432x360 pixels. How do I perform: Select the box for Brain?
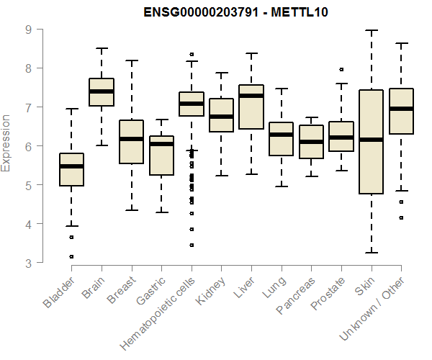[102, 91]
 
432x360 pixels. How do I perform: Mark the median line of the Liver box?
[251, 96]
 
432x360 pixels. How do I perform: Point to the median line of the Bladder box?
[72, 166]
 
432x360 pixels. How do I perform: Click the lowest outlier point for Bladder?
[72, 256]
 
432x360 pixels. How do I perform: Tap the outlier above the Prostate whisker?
[341, 70]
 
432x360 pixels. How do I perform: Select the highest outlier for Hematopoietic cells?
[192, 54]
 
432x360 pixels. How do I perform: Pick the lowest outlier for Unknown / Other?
[401, 217]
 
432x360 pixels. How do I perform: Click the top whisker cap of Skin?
[372, 31]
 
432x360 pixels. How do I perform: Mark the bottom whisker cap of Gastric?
[161, 212]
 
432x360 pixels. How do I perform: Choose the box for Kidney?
[221, 115]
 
